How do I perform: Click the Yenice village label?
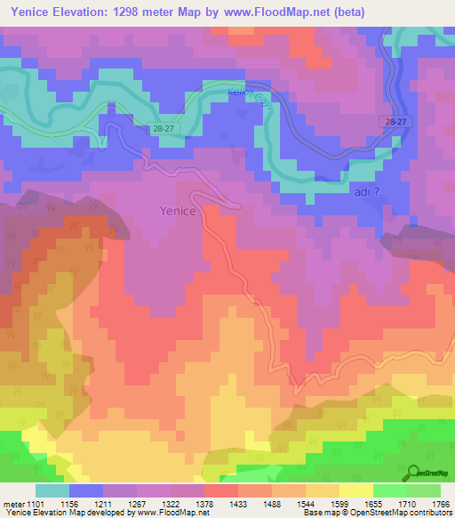177,211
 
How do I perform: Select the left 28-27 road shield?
162,129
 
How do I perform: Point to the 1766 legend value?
439,502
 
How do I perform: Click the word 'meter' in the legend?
13,502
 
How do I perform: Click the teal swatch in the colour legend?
52,490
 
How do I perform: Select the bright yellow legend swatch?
355,490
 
